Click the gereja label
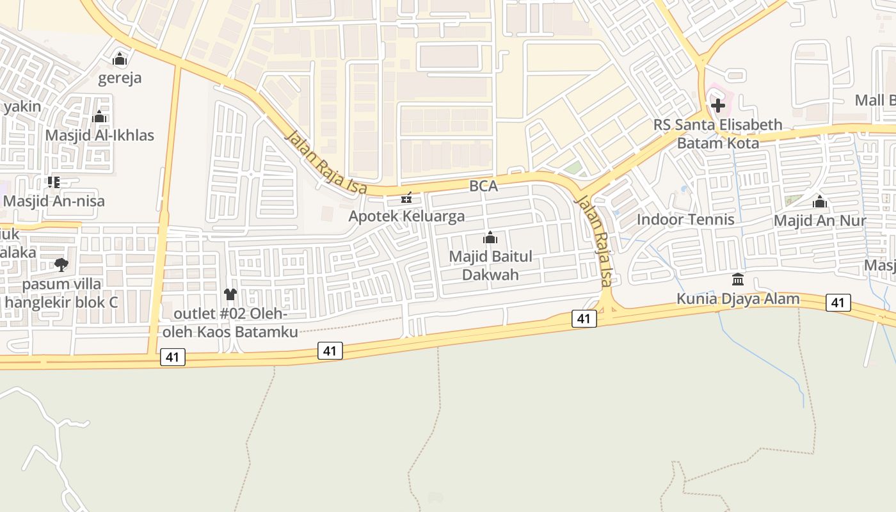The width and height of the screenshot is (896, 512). [x=120, y=78]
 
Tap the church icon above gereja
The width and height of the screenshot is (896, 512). [x=120, y=60]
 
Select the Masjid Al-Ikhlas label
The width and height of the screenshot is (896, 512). [x=99, y=136]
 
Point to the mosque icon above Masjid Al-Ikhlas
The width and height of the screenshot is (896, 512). [x=99, y=116]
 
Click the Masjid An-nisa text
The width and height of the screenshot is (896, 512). [x=54, y=201]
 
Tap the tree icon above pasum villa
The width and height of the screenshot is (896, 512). [x=61, y=264]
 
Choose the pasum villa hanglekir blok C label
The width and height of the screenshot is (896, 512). [x=61, y=292]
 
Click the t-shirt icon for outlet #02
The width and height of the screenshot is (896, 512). [x=230, y=294]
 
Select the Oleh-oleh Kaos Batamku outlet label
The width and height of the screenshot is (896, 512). [x=230, y=323]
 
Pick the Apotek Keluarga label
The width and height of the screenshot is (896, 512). [x=406, y=216]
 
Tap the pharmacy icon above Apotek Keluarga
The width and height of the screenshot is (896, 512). [x=406, y=198]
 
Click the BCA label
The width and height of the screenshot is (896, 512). [x=483, y=186]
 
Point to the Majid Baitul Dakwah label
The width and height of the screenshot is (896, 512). [x=490, y=266]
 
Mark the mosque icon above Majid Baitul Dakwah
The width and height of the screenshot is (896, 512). [x=490, y=238]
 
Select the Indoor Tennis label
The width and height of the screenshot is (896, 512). [x=685, y=220]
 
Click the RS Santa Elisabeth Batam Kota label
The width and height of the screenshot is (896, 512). [x=718, y=134]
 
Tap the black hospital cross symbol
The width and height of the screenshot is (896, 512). [x=718, y=106]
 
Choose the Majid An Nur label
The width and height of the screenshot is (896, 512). [x=820, y=221]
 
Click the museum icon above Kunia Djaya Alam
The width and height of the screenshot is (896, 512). [x=738, y=280]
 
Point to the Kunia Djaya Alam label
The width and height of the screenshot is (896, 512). [x=738, y=299]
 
